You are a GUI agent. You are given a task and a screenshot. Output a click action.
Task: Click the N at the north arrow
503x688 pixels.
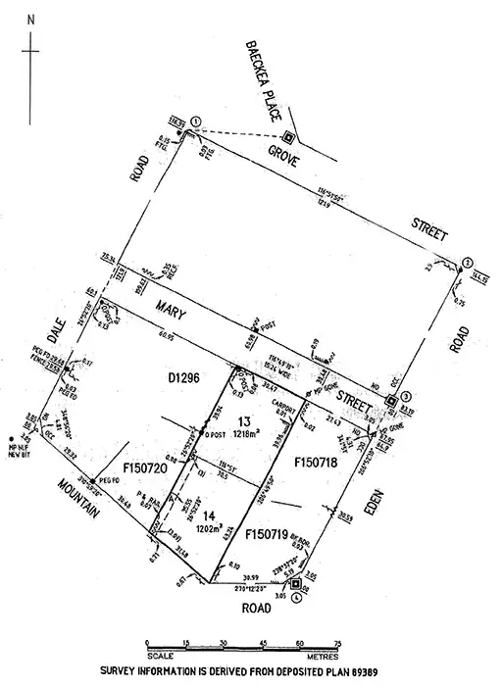tap(31, 19)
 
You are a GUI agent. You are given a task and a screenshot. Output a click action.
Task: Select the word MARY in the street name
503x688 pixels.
tap(167, 314)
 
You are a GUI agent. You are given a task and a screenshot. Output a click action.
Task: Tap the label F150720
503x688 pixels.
tap(145, 470)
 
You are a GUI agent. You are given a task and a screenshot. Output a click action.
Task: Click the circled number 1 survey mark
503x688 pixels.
tap(196, 121)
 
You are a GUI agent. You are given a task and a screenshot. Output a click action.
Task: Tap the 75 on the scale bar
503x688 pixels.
tap(337, 643)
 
